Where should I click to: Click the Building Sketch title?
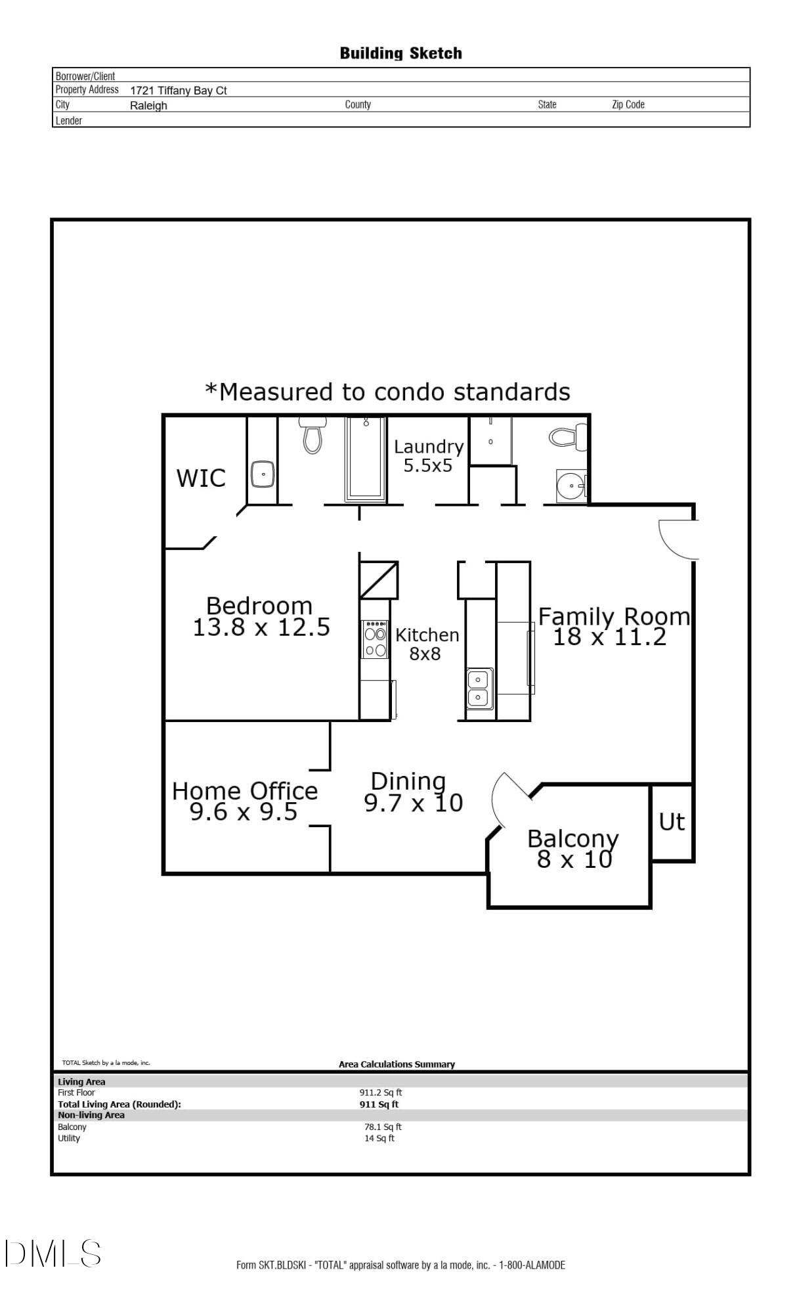click(400, 53)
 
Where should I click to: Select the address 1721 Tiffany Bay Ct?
click(179, 91)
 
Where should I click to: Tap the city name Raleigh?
click(148, 106)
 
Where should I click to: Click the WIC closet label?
click(201, 478)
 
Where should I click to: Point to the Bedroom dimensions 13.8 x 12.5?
click(261, 627)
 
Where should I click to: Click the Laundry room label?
click(429, 447)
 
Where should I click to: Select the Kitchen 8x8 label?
click(427, 644)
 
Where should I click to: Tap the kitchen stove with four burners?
click(376, 639)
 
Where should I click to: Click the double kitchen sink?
click(479, 688)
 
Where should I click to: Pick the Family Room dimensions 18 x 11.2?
click(609, 637)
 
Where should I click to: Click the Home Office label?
click(244, 791)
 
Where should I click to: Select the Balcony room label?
click(572, 839)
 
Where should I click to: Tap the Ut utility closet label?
click(672, 822)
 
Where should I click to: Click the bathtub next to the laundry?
click(365, 460)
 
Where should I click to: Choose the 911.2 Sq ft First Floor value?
click(380, 1093)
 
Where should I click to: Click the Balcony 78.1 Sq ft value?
click(383, 1127)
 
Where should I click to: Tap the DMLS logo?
click(53, 1254)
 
